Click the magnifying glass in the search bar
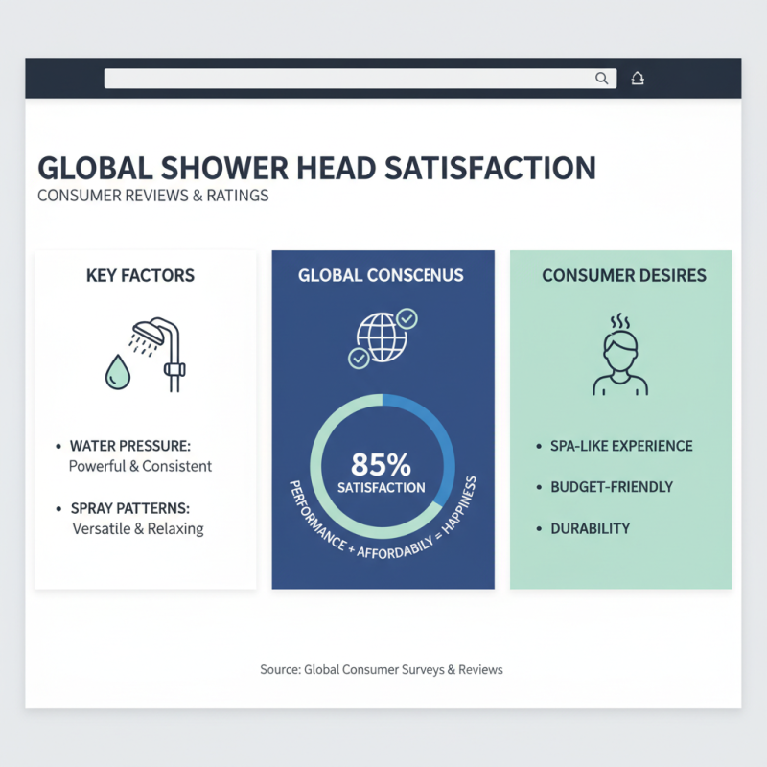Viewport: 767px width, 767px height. pos(602,79)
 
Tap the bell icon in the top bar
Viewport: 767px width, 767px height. pos(638,79)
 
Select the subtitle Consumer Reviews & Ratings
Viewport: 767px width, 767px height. pos(152,196)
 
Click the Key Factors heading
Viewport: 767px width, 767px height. pos(140,276)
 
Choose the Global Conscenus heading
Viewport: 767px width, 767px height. pos(381,276)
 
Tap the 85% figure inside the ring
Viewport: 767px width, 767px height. pos(381,465)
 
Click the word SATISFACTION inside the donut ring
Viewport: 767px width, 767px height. pos(381,488)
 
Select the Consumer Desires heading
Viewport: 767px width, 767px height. pos(624,276)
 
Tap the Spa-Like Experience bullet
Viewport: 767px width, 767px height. pos(621,447)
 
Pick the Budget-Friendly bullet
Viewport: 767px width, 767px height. pos(612,487)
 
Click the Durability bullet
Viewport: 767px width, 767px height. pos(590,528)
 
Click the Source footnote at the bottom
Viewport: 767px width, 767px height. pos(382,669)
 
